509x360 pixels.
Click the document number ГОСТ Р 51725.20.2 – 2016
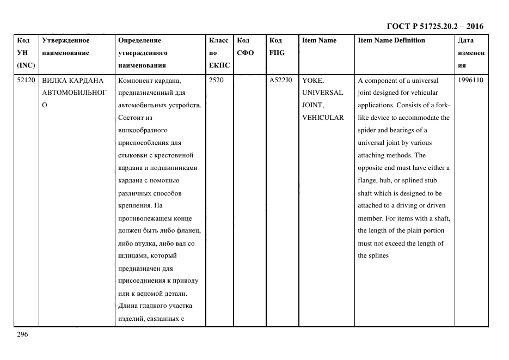click(x=434, y=26)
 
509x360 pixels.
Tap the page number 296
click(x=22, y=334)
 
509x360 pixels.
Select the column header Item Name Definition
click(x=391, y=40)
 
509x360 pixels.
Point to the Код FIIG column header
click(x=277, y=46)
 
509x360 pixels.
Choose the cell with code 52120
click(x=26, y=80)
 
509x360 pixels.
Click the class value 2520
click(x=217, y=80)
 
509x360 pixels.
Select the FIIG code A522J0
click(x=280, y=80)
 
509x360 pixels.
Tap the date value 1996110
click(x=471, y=80)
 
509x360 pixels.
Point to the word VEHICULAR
click(x=323, y=118)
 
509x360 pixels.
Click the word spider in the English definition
click(x=367, y=130)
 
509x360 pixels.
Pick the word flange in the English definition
click(x=367, y=180)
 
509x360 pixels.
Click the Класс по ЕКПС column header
click(x=218, y=53)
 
